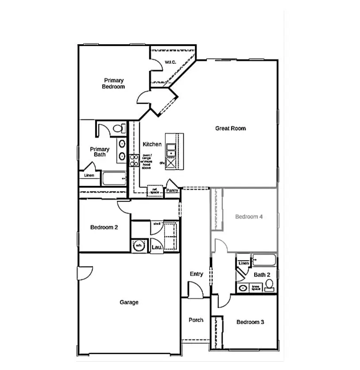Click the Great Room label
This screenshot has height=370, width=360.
230,128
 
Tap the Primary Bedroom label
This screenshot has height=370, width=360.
113,84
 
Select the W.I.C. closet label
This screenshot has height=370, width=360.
170,62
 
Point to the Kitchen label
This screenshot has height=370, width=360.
152,144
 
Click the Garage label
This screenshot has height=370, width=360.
129,302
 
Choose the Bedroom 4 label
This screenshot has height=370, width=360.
249,217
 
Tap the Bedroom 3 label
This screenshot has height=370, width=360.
250,322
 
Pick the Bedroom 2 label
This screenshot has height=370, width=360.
104,227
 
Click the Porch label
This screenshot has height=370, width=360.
196,320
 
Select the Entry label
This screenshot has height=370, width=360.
197,274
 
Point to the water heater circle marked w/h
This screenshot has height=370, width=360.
139,246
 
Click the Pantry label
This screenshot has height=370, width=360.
172,191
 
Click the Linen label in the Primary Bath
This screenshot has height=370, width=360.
89,175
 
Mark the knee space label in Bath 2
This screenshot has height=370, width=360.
256,288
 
